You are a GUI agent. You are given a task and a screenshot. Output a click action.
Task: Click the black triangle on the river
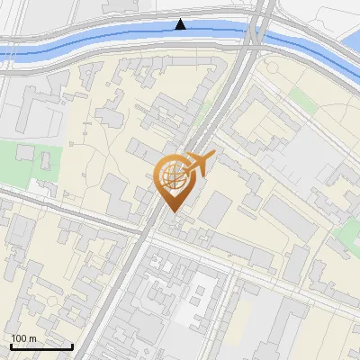coord(181,24)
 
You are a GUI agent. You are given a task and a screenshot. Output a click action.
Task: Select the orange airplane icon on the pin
coord(200,164)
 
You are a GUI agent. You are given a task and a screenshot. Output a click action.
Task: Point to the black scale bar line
coord(41,346)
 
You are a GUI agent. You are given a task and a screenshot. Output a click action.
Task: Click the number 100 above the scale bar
coord(18,338)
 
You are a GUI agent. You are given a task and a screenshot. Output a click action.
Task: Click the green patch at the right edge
coord(346,234)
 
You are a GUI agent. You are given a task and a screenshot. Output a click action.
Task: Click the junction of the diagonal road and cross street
coord(151,232)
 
